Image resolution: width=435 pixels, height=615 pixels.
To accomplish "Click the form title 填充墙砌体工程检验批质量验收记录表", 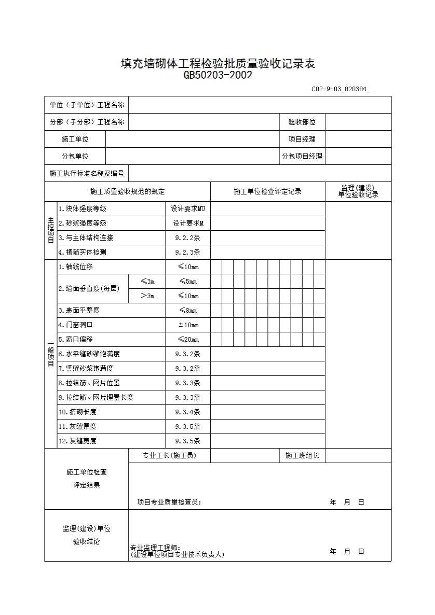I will (x=218, y=64).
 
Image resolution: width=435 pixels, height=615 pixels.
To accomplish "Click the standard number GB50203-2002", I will (x=218, y=75).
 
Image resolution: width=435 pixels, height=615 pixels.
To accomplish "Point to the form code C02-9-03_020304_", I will (x=341, y=89).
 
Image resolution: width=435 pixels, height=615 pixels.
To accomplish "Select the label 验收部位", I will (x=302, y=122).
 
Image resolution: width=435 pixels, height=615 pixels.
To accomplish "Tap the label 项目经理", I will (x=302, y=139).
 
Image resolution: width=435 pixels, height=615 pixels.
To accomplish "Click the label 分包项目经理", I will (x=302, y=156).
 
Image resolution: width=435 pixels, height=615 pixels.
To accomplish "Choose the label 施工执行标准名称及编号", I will (x=87, y=173).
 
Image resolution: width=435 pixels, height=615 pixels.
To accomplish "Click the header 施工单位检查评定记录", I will (x=267, y=192).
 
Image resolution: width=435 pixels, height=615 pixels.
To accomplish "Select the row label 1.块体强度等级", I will (x=83, y=209).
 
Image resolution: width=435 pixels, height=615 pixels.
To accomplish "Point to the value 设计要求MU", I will (x=188, y=209).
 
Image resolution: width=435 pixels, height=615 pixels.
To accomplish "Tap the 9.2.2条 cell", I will (x=188, y=238).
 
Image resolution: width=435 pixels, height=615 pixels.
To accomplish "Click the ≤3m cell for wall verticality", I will (x=147, y=282).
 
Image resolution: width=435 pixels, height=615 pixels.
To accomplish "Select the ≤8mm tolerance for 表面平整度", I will (x=188, y=311).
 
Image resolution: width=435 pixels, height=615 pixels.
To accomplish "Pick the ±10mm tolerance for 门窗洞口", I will (x=188, y=325).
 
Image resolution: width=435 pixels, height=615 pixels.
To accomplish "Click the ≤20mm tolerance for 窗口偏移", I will (x=188, y=340).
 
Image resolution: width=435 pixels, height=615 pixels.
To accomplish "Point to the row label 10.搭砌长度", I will (x=77, y=412).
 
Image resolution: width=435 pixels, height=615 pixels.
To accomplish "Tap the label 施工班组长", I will (x=302, y=456).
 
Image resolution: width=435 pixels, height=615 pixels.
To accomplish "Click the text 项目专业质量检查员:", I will (x=169, y=502).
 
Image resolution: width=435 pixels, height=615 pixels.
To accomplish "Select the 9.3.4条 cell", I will (x=188, y=412).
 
